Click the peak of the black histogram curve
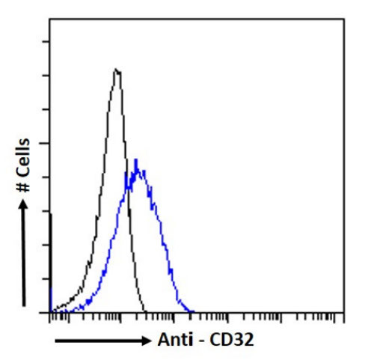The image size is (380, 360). point(117,70)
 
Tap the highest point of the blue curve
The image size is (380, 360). point(135,159)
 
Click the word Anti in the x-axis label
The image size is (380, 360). point(173,340)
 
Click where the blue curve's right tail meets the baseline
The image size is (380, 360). point(192,311)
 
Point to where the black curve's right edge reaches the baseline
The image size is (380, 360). point(147,311)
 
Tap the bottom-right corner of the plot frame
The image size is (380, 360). point(344,312)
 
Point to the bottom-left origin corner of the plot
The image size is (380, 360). point(49,312)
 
